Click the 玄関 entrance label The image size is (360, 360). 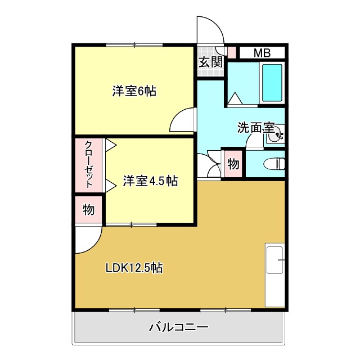pos(210,62)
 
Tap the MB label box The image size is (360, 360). pos(262,53)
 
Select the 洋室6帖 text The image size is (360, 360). pos(134,91)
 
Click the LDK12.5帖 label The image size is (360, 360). pos(134,268)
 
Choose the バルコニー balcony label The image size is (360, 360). pos(179,327)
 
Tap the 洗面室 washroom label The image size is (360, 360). pos(256,128)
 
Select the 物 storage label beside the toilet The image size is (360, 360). pos(233,165)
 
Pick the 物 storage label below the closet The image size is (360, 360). pos(88,210)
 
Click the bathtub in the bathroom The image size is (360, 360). pos(272,83)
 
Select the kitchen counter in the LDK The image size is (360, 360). pos(275,276)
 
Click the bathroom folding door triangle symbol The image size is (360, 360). pos(235,98)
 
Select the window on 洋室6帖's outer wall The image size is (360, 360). pos(134,44)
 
